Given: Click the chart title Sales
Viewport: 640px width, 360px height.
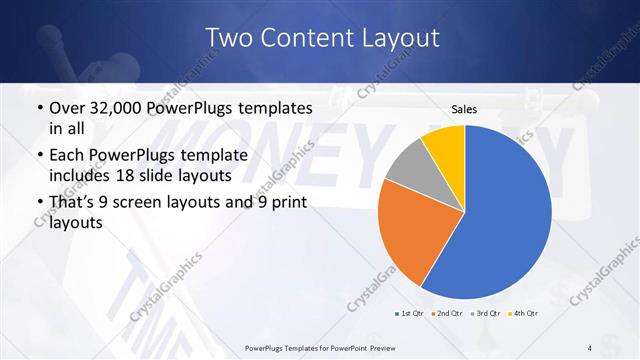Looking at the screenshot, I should (x=464, y=108).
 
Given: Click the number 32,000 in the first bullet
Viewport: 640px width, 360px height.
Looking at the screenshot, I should (x=119, y=107).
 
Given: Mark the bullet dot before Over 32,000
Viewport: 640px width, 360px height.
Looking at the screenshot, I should (x=38, y=107).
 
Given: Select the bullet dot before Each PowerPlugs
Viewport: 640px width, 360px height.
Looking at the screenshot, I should (x=38, y=155).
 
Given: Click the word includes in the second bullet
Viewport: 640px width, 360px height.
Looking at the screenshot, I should (x=80, y=174).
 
